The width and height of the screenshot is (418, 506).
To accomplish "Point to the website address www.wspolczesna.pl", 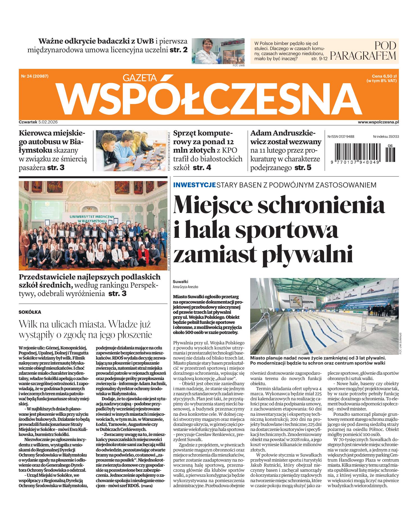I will point(378,122).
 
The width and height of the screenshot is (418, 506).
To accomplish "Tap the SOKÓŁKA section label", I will point(30,312).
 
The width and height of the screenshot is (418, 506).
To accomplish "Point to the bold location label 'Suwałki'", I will point(180,282).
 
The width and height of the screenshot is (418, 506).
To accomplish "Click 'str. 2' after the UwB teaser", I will point(179,51).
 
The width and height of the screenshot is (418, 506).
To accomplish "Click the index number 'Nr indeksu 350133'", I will point(386,136).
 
